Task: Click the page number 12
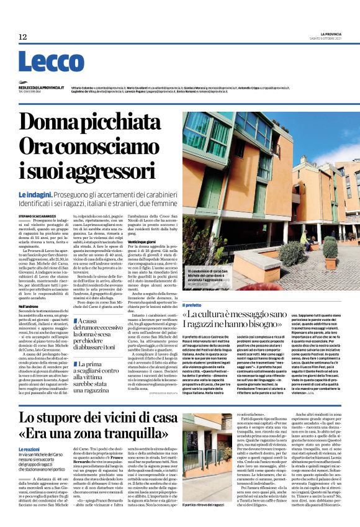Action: (22, 37)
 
